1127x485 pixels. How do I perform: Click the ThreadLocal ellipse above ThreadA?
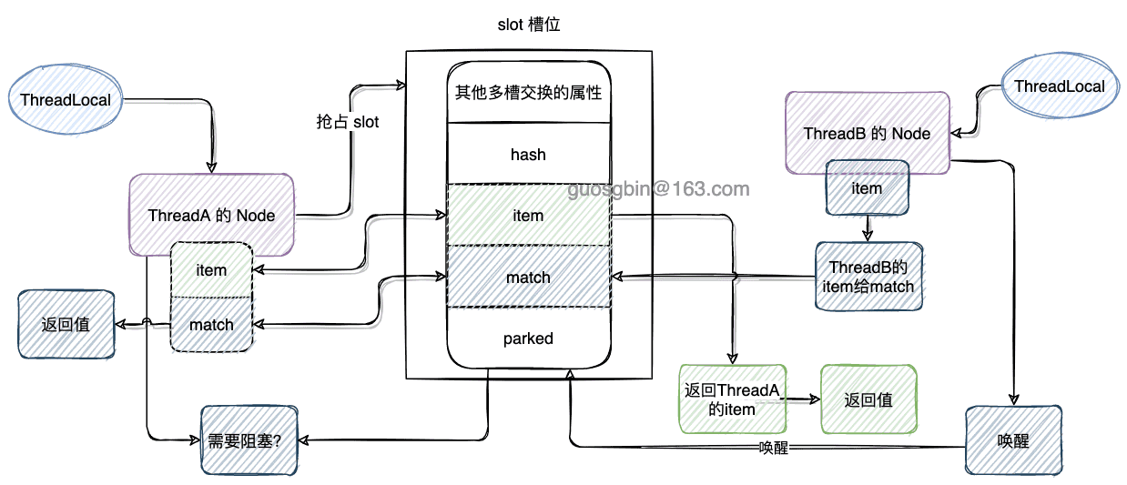[x=65, y=99]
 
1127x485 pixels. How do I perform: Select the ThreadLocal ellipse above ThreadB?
[x=1059, y=86]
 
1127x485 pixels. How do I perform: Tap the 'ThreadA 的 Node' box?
[x=211, y=216]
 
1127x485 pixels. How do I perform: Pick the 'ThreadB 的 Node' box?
[x=867, y=133]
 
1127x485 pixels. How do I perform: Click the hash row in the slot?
[x=528, y=154]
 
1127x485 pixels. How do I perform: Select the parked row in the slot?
[x=528, y=338]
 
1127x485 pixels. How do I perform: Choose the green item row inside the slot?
[x=528, y=216]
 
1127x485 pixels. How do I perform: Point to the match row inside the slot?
[x=528, y=277]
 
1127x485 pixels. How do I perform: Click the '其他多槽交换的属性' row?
[x=528, y=93]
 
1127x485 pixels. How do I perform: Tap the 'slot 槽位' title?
[x=529, y=25]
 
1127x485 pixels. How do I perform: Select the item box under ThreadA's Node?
[x=211, y=269]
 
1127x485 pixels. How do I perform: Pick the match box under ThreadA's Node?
[x=211, y=324]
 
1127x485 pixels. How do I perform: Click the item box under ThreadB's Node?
[x=867, y=188]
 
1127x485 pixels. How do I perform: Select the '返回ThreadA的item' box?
[x=732, y=399]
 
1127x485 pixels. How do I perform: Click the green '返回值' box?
[x=868, y=399]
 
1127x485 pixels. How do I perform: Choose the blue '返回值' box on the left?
[x=66, y=324]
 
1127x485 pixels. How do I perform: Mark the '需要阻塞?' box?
[x=245, y=440]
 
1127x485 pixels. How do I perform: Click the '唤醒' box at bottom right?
[x=1013, y=440]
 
